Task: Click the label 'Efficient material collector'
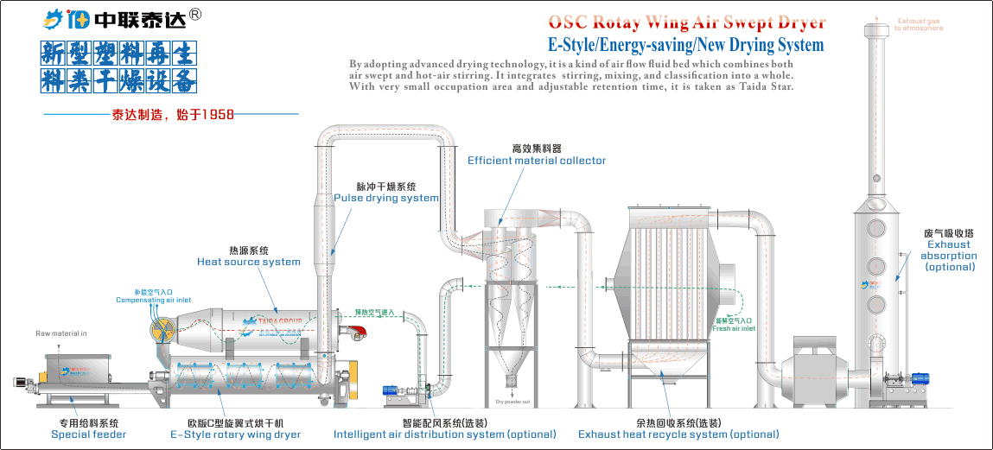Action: click(537, 161)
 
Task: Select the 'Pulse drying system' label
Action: click(386, 198)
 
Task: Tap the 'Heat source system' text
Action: click(249, 262)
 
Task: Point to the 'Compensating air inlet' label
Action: click(154, 300)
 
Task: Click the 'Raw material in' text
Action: click(61, 333)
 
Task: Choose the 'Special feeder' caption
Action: click(88, 434)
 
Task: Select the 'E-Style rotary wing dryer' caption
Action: click(236, 434)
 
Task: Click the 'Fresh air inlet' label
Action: click(734, 328)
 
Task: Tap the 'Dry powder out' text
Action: click(512, 402)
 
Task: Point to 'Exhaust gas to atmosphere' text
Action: click(920, 24)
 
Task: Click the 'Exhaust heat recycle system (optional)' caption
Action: click(678, 434)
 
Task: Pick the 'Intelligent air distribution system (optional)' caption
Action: click(445, 434)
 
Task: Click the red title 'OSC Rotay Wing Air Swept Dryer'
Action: click(686, 22)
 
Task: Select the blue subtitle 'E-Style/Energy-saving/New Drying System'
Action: click(685, 45)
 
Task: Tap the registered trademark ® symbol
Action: click(195, 14)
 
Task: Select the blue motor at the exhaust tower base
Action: click(918, 378)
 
